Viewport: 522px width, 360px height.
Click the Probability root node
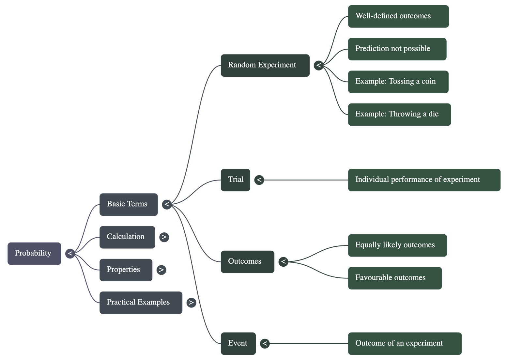tap(34, 253)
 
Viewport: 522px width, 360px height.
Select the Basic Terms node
tap(129, 204)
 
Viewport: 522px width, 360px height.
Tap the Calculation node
tap(127, 237)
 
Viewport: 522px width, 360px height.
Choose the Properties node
tap(126, 270)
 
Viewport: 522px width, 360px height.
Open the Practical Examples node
tap(141, 303)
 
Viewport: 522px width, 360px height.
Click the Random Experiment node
tap(265, 65)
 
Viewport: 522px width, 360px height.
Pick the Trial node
tap(236, 180)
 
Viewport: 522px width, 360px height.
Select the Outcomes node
tap(247, 261)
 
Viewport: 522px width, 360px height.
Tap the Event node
tap(238, 343)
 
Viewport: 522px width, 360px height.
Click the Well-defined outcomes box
tap(398, 16)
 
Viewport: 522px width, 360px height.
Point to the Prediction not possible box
tap(397, 49)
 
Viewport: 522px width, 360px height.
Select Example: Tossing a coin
tap(398, 82)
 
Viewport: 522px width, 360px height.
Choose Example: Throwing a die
tap(399, 114)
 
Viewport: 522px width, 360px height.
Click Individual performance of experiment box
tap(424, 180)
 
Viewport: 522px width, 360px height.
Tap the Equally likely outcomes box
tap(397, 245)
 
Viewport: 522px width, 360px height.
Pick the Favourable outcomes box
tap(395, 278)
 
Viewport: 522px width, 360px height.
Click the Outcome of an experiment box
tap(405, 343)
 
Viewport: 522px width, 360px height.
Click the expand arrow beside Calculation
tap(164, 237)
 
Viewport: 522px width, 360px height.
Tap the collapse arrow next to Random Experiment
tap(319, 65)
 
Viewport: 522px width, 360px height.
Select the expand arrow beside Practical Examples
tap(191, 303)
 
